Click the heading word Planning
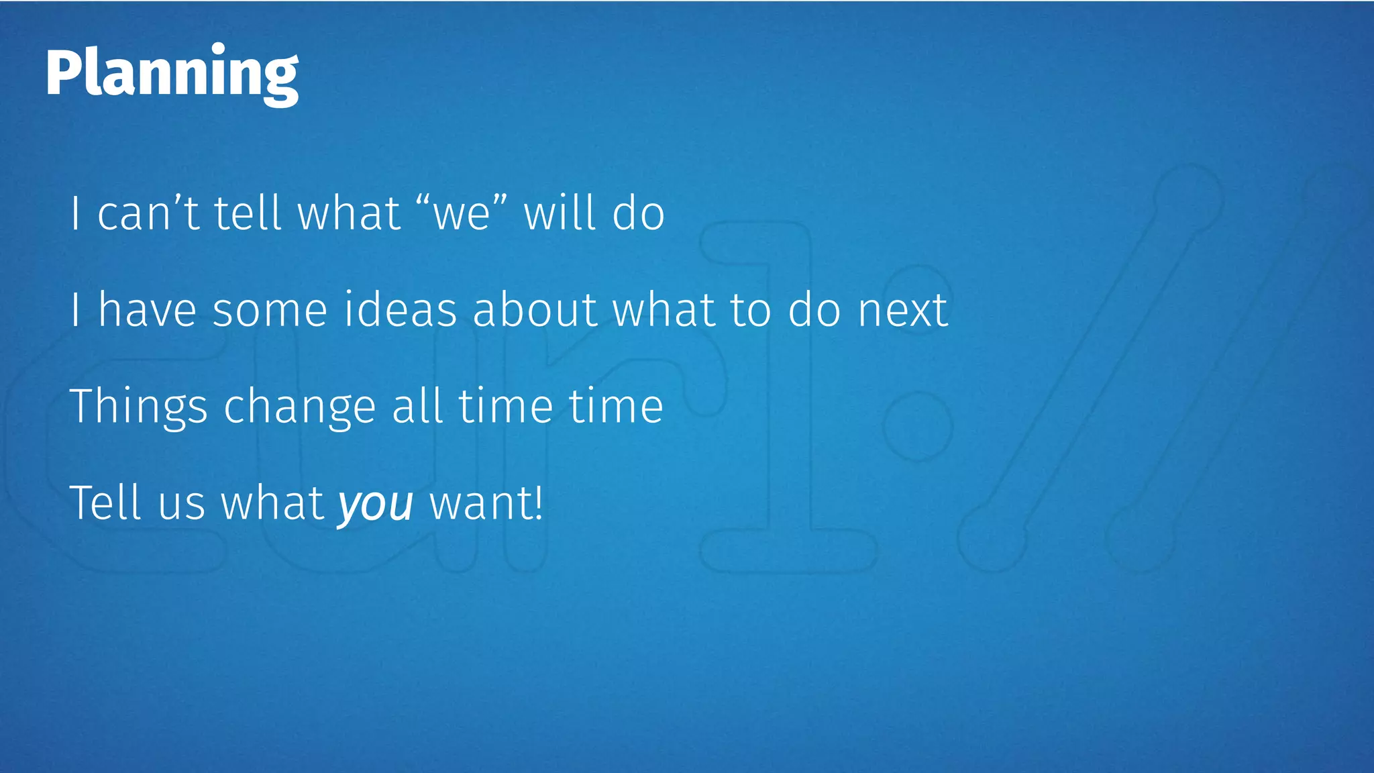pos(172,74)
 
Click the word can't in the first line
pos(148,213)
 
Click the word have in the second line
pos(148,310)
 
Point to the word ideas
pos(400,310)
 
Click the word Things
pos(139,407)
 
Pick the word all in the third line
pos(417,407)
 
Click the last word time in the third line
pos(616,407)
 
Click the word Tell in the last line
pos(105,503)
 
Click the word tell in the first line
pos(247,213)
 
